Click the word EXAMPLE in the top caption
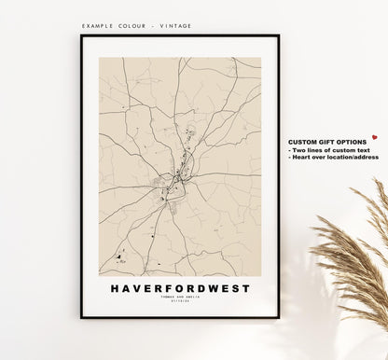tap(98, 26)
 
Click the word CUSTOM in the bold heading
tap(301, 141)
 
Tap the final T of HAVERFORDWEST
tap(247, 288)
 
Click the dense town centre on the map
tap(177, 173)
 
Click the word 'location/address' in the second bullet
tap(353, 157)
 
